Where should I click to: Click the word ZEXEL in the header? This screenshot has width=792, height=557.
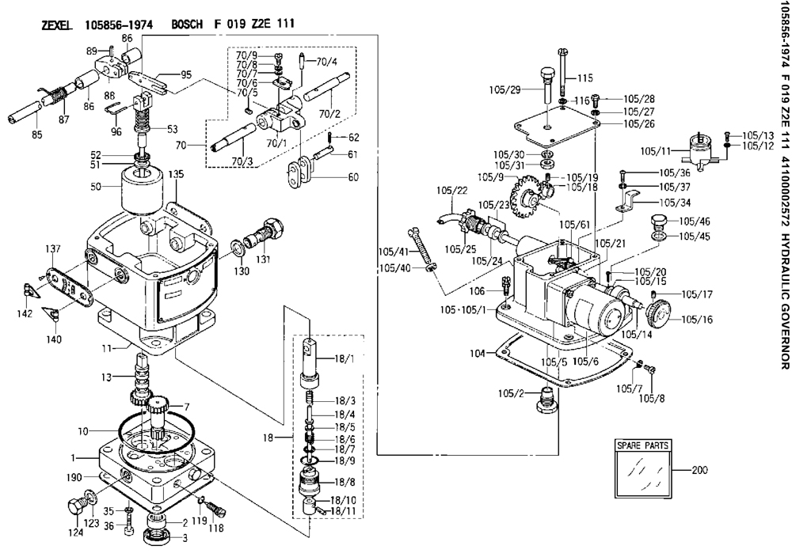click(x=56, y=25)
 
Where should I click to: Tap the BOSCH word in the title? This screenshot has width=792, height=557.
click(x=187, y=25)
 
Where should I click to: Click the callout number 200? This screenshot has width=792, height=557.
click(x=699, y=470)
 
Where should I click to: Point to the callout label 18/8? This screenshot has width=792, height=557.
click(x=345, y=483)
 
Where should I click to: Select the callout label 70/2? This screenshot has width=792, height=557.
click(x=329, y=113)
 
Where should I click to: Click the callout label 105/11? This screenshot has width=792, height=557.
click(x=655, y=150)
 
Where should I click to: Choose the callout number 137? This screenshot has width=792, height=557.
click(x=53, y=248)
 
